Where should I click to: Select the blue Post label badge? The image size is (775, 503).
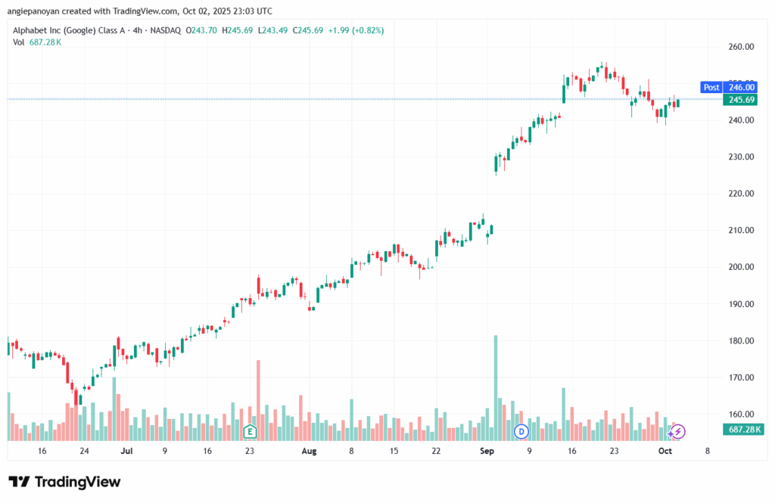point(711,88)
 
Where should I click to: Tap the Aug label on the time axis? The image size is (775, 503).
point(308,452)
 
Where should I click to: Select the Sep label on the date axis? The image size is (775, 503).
point(487,452)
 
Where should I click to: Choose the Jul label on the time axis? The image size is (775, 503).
point(126,452)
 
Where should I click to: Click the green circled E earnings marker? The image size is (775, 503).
point(249,431)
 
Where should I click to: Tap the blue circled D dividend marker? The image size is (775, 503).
point(521,431)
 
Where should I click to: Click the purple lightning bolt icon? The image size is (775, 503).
point(678,431)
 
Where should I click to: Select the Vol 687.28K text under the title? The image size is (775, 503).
point(37,42)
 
